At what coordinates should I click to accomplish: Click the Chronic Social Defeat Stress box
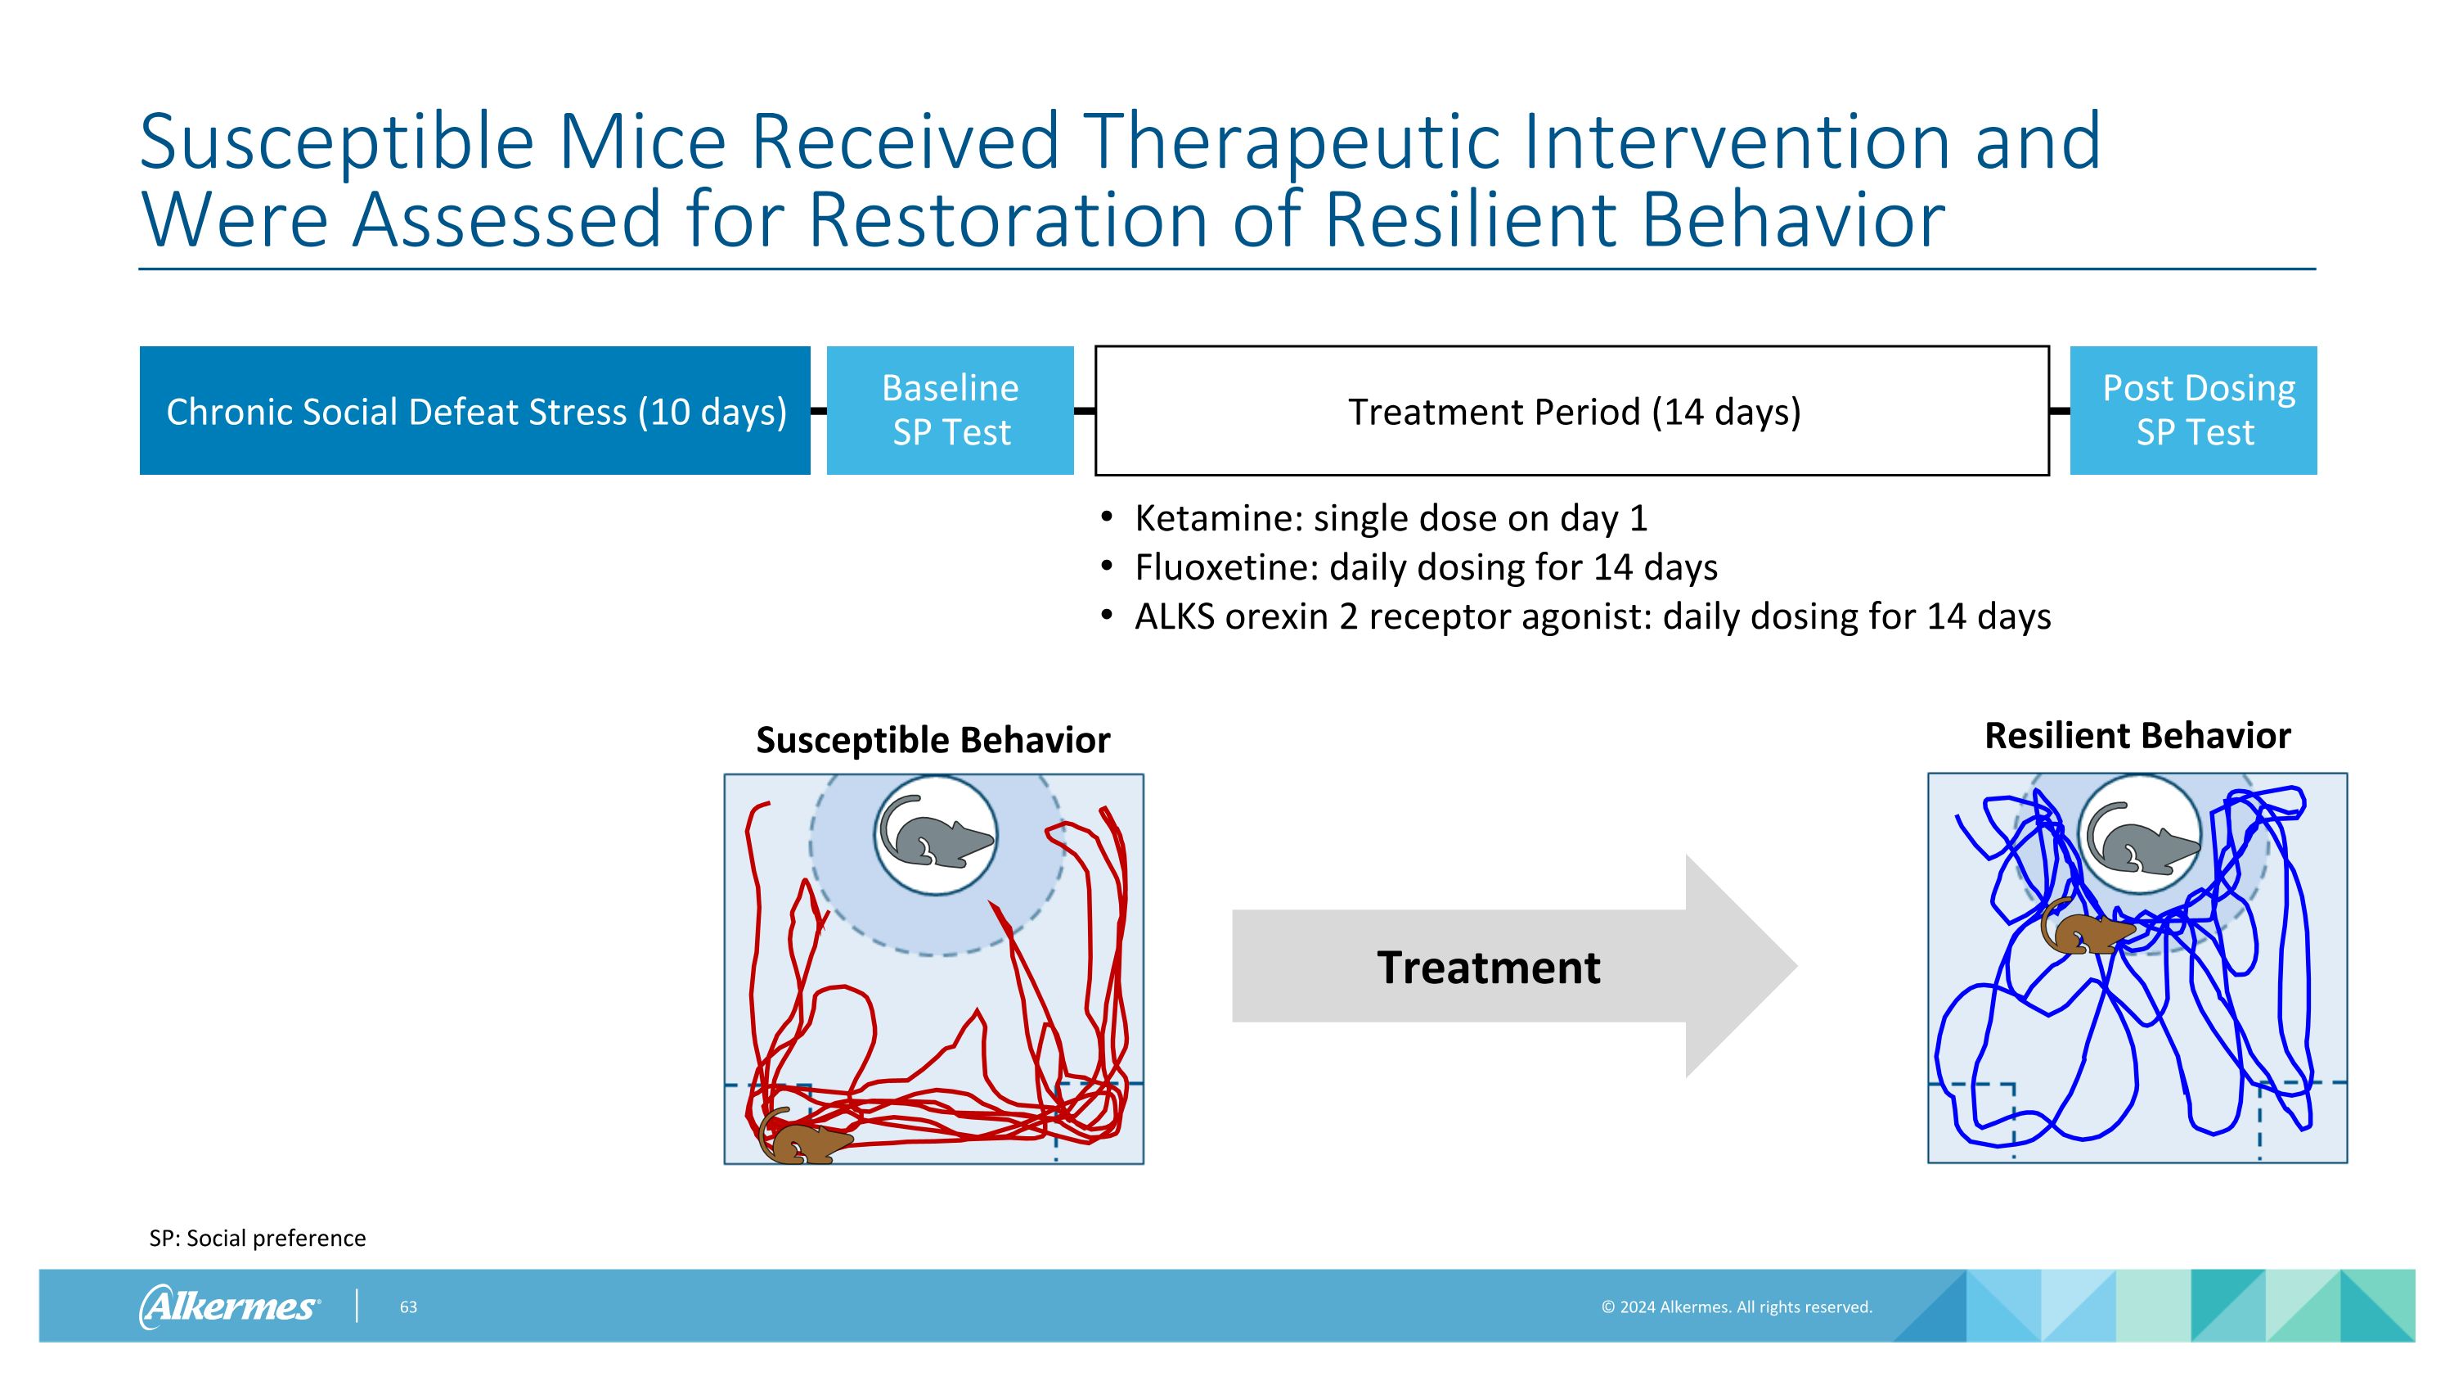pyautogui.click(x=474, y=411)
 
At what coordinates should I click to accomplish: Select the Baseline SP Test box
pyautogui.click(x=950, y=411)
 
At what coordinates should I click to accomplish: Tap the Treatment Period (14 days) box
pyautogui.click(x=1572, y=411)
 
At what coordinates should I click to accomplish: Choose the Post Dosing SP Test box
pyautogui.click(x=2193, y=411)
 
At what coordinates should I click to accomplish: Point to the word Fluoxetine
pyautogui.click(x=1225, y=568)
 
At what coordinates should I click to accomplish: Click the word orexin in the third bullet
pyautogui.click(x=1278, y=617)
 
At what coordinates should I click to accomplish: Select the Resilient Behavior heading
pyautogui.click(x=2137, y=736)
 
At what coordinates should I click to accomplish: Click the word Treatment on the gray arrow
pyautogui.click(x=1488, y=968)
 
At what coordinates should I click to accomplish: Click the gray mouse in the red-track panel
pyautogui.click(x=937, y=834)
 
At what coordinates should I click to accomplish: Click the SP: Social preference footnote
pyautogui.click(x=257, y=1238)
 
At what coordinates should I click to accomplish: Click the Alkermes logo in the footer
pyautogui.click(x=229, y=1306)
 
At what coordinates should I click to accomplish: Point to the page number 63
pyautogui.click(x=407, y=1307)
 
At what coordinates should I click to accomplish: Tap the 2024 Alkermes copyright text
pyautogui.click(x=1736, y=1307)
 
